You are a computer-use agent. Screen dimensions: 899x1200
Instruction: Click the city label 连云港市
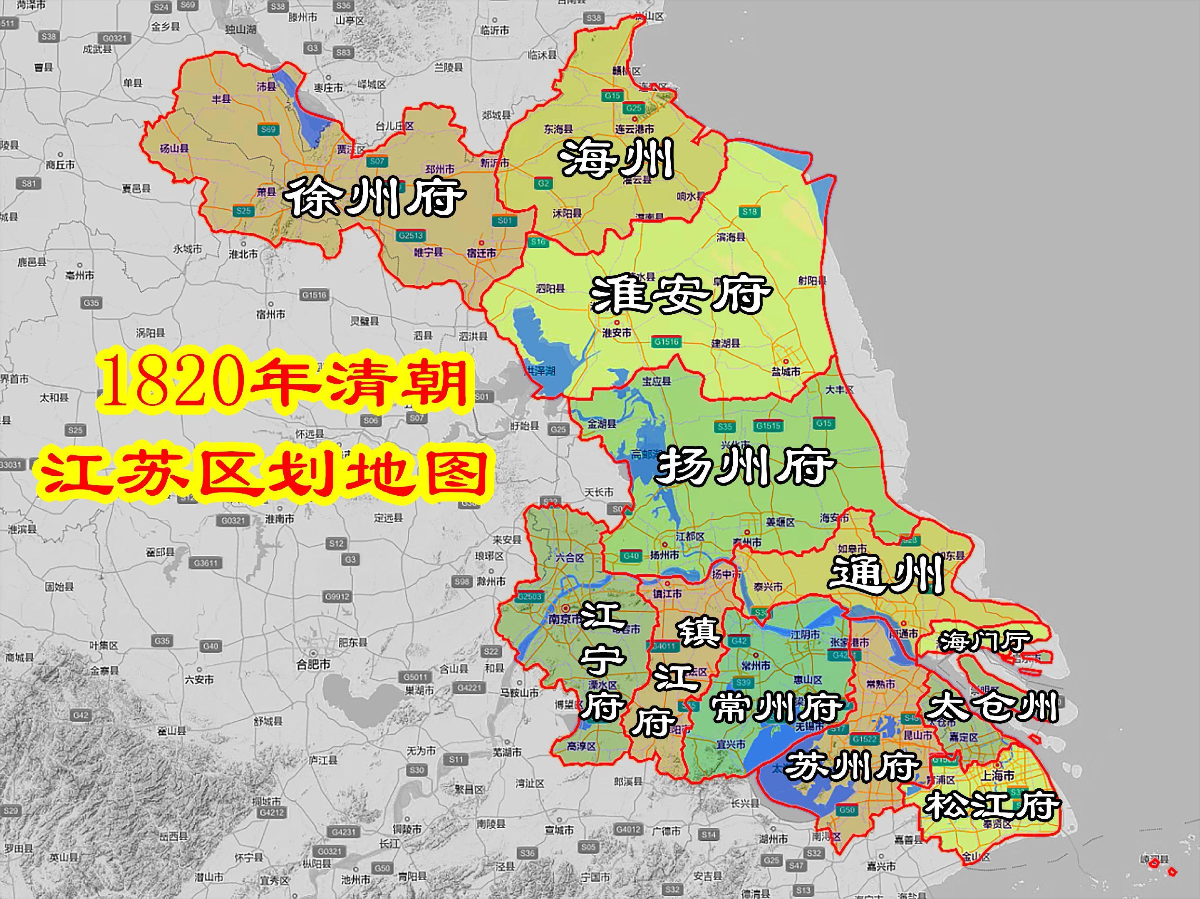[x=634, y=129]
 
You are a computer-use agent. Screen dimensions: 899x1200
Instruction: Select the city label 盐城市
[x=786, y=372]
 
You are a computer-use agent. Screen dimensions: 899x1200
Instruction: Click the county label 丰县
[x=221, y=99]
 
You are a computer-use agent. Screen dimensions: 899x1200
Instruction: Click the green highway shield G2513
[x=410, y=236]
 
